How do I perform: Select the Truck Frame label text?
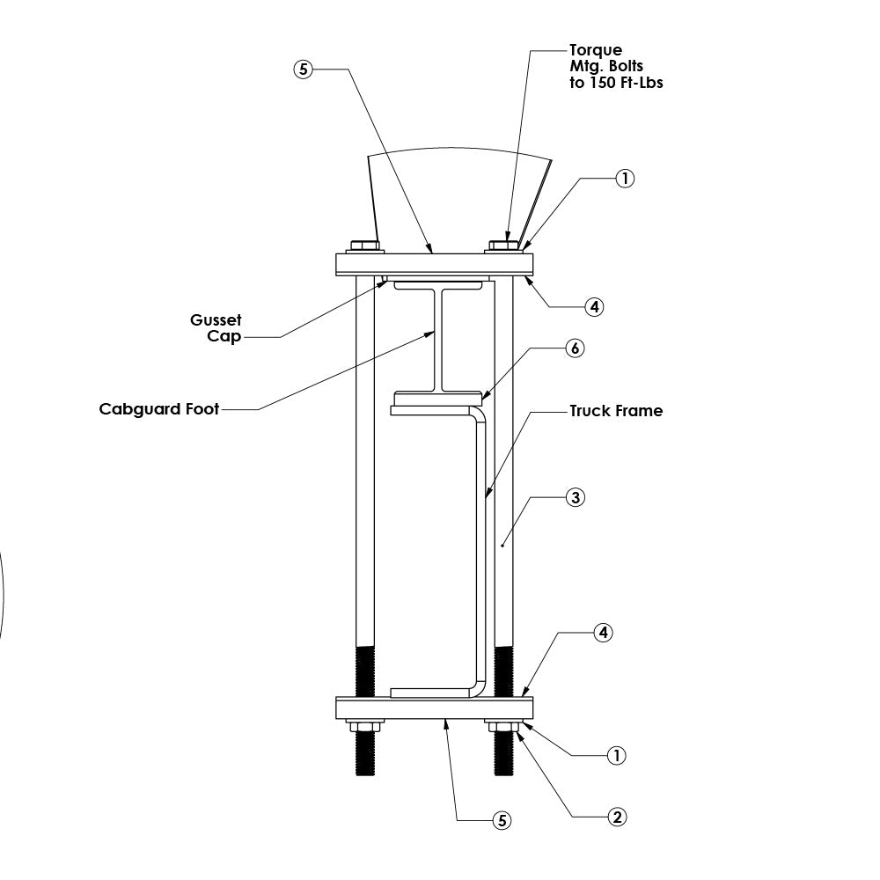pyautogui.click(x=616, y=411)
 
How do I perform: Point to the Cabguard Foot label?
pyautogui.click(x=158, y=409)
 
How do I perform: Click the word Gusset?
pyautogui.click(x=216, y=320)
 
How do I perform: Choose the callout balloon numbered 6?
pyautogui.click(x=575, y=348)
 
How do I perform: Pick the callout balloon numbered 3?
pyautogui.click(x=576, y=497)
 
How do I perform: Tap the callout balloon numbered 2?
pyautogui.click(x=617, y=818)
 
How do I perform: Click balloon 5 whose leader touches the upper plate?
pyautogui.click(x=303, y=69)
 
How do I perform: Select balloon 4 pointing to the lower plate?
pyautogui.click(x=604, y=633)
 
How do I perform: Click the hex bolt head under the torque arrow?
pyautogui.click(x=503, y=246)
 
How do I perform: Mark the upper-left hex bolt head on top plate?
pyautogui.click(x=365, y=246)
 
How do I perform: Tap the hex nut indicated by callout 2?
pyautogui.click(x=503, y=727)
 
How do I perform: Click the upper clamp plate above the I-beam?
pyautogui.click(x=435, y=264)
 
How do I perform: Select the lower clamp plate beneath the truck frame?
pyautogui.click(x=435, y=708)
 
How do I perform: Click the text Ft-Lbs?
pyautogui.click(x=642, y=83)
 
